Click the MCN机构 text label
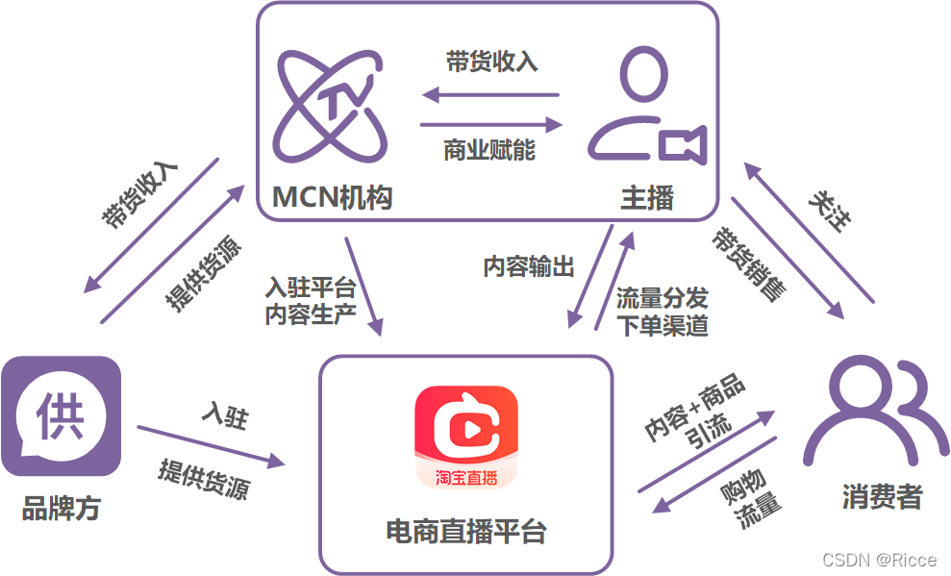coord(332,198)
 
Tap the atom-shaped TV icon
coord(332,106)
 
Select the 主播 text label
coord(647,198)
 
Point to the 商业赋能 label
coord(489,151)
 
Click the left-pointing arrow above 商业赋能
coord(491,94)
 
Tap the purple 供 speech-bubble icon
coord(61,415)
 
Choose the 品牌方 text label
coord(61,509)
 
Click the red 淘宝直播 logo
coord(466,437)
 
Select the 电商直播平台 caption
coord(466,531)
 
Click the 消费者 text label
coord(882,497)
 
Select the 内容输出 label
coord(529,266)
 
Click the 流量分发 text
coord(663,297)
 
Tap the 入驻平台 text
coord(311,288)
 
